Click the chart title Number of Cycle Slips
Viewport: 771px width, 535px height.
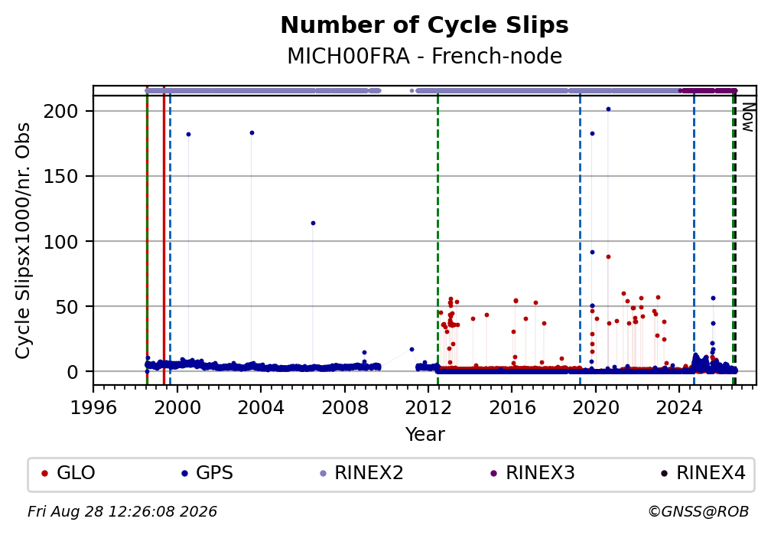click(425, 25)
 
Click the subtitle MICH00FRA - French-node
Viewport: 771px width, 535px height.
click(425, 56)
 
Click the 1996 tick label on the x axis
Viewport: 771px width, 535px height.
click(93, 407)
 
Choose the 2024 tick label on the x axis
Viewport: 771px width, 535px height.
click(678, 407)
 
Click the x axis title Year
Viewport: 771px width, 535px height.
click(425, 434)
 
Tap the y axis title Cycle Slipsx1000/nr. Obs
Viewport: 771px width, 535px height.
click(23, 240)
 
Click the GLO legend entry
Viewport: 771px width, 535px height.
click(68, 473)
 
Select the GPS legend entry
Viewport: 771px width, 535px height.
click(207, 473)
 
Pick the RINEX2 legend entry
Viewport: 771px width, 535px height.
click(361, 473)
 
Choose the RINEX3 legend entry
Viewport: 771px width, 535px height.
click(532, 473)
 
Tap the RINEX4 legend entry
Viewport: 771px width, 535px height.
click(703, 473)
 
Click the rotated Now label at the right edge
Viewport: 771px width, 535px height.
click(747, 117)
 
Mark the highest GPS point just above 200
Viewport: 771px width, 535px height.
click(608, 109)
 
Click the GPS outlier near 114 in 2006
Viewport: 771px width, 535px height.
click(313, 223)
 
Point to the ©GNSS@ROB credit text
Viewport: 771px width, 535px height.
click(698, 512)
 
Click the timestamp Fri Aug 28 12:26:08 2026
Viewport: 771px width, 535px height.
click(122, 512)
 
